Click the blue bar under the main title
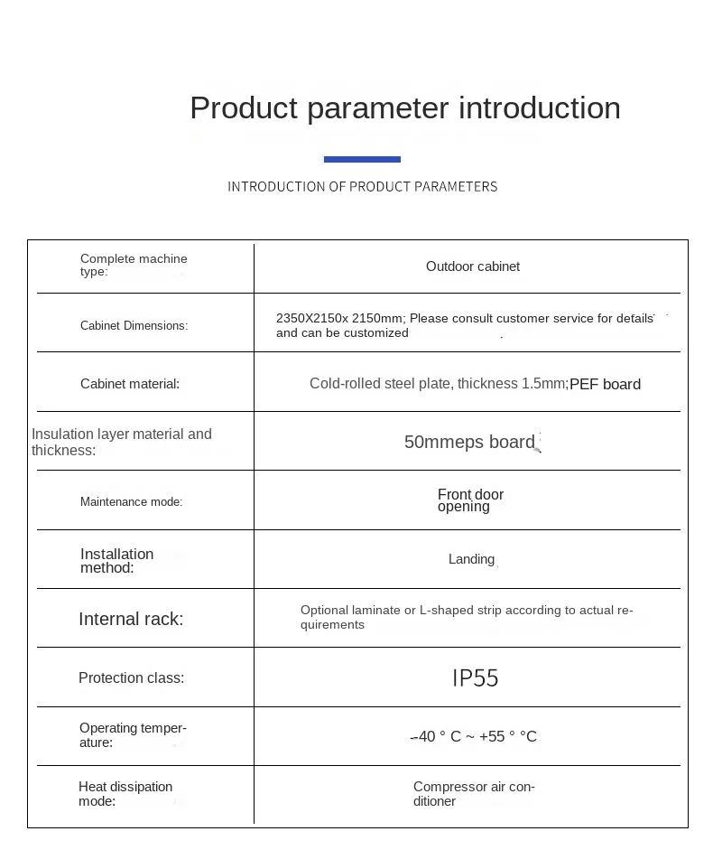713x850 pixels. (362, 159)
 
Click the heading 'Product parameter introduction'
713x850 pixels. (404, 108)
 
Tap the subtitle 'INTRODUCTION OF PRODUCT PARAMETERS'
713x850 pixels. (362, 187)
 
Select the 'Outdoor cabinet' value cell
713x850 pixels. (472, 266)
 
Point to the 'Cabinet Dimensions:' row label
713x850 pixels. (134, 326)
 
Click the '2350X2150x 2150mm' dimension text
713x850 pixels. (340, 318)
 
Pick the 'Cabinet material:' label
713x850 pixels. (130, 384)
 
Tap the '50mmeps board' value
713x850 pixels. (469, 443)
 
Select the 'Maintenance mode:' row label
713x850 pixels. (131, 501)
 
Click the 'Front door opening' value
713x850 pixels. (470, 500)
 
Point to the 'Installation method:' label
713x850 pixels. (116, 561)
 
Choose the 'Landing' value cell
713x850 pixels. (471, 559)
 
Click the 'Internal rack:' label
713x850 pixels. (131, 619)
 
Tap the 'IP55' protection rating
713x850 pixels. (475, 678)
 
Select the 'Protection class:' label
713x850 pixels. (131, 678)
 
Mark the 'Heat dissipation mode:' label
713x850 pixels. (125, 794)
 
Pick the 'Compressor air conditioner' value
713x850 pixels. (474, 794)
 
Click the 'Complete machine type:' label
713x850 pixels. (134, 265)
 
